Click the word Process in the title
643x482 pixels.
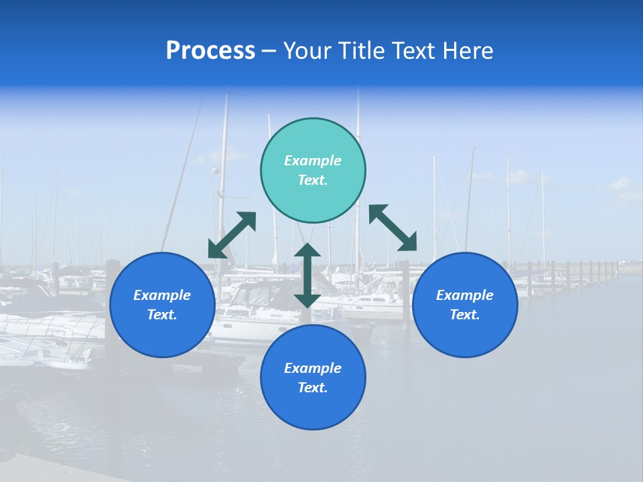[x=210, y=51]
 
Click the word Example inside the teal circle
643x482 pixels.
[x=313, y=161]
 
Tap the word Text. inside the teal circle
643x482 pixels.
[x=313, y=180]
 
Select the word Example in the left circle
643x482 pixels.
[x=162, y=295]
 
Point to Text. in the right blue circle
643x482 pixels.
[x=465, y=315]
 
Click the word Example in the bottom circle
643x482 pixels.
[x=313, y=368]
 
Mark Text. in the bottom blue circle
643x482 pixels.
[x=313, y=388]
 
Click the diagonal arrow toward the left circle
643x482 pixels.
[x=232, y=235]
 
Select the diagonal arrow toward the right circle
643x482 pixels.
[x=392, y=228]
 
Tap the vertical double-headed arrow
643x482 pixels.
[x=307, y=275]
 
